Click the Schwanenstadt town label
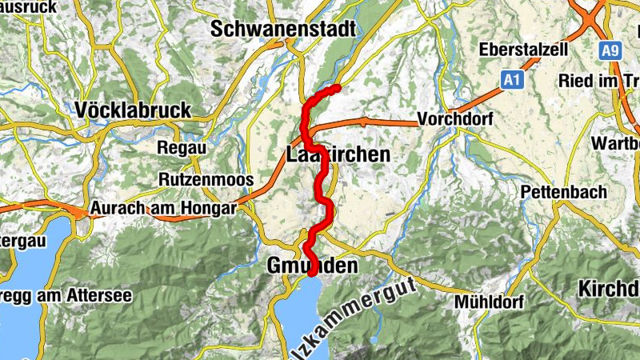coord(283,29)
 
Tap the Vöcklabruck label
coord(133,110)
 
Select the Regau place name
coord(182,148)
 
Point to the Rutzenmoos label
coord(206,179)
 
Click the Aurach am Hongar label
coord(163,209)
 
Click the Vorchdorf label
coord(455,120)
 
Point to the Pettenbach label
coord(563,193)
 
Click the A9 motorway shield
coord(610,51)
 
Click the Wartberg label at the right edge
coord(615,143)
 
